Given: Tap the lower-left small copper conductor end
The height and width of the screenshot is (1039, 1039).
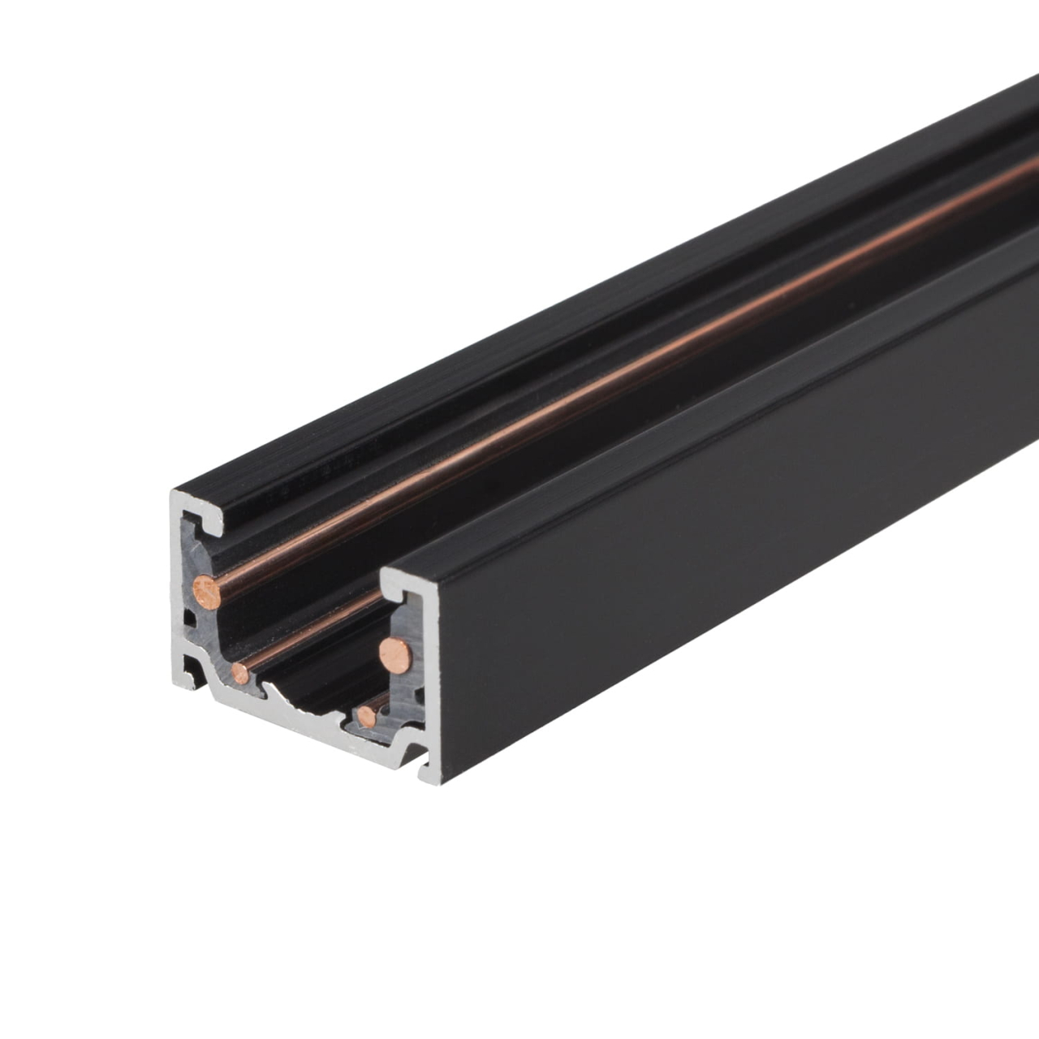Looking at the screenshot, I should [239, 670].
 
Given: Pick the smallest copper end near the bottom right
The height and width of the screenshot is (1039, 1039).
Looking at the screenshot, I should [368, 716].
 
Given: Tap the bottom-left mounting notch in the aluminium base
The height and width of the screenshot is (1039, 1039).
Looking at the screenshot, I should [193, 668].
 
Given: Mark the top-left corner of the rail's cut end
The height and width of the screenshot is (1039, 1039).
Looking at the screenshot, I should [172, 492].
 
